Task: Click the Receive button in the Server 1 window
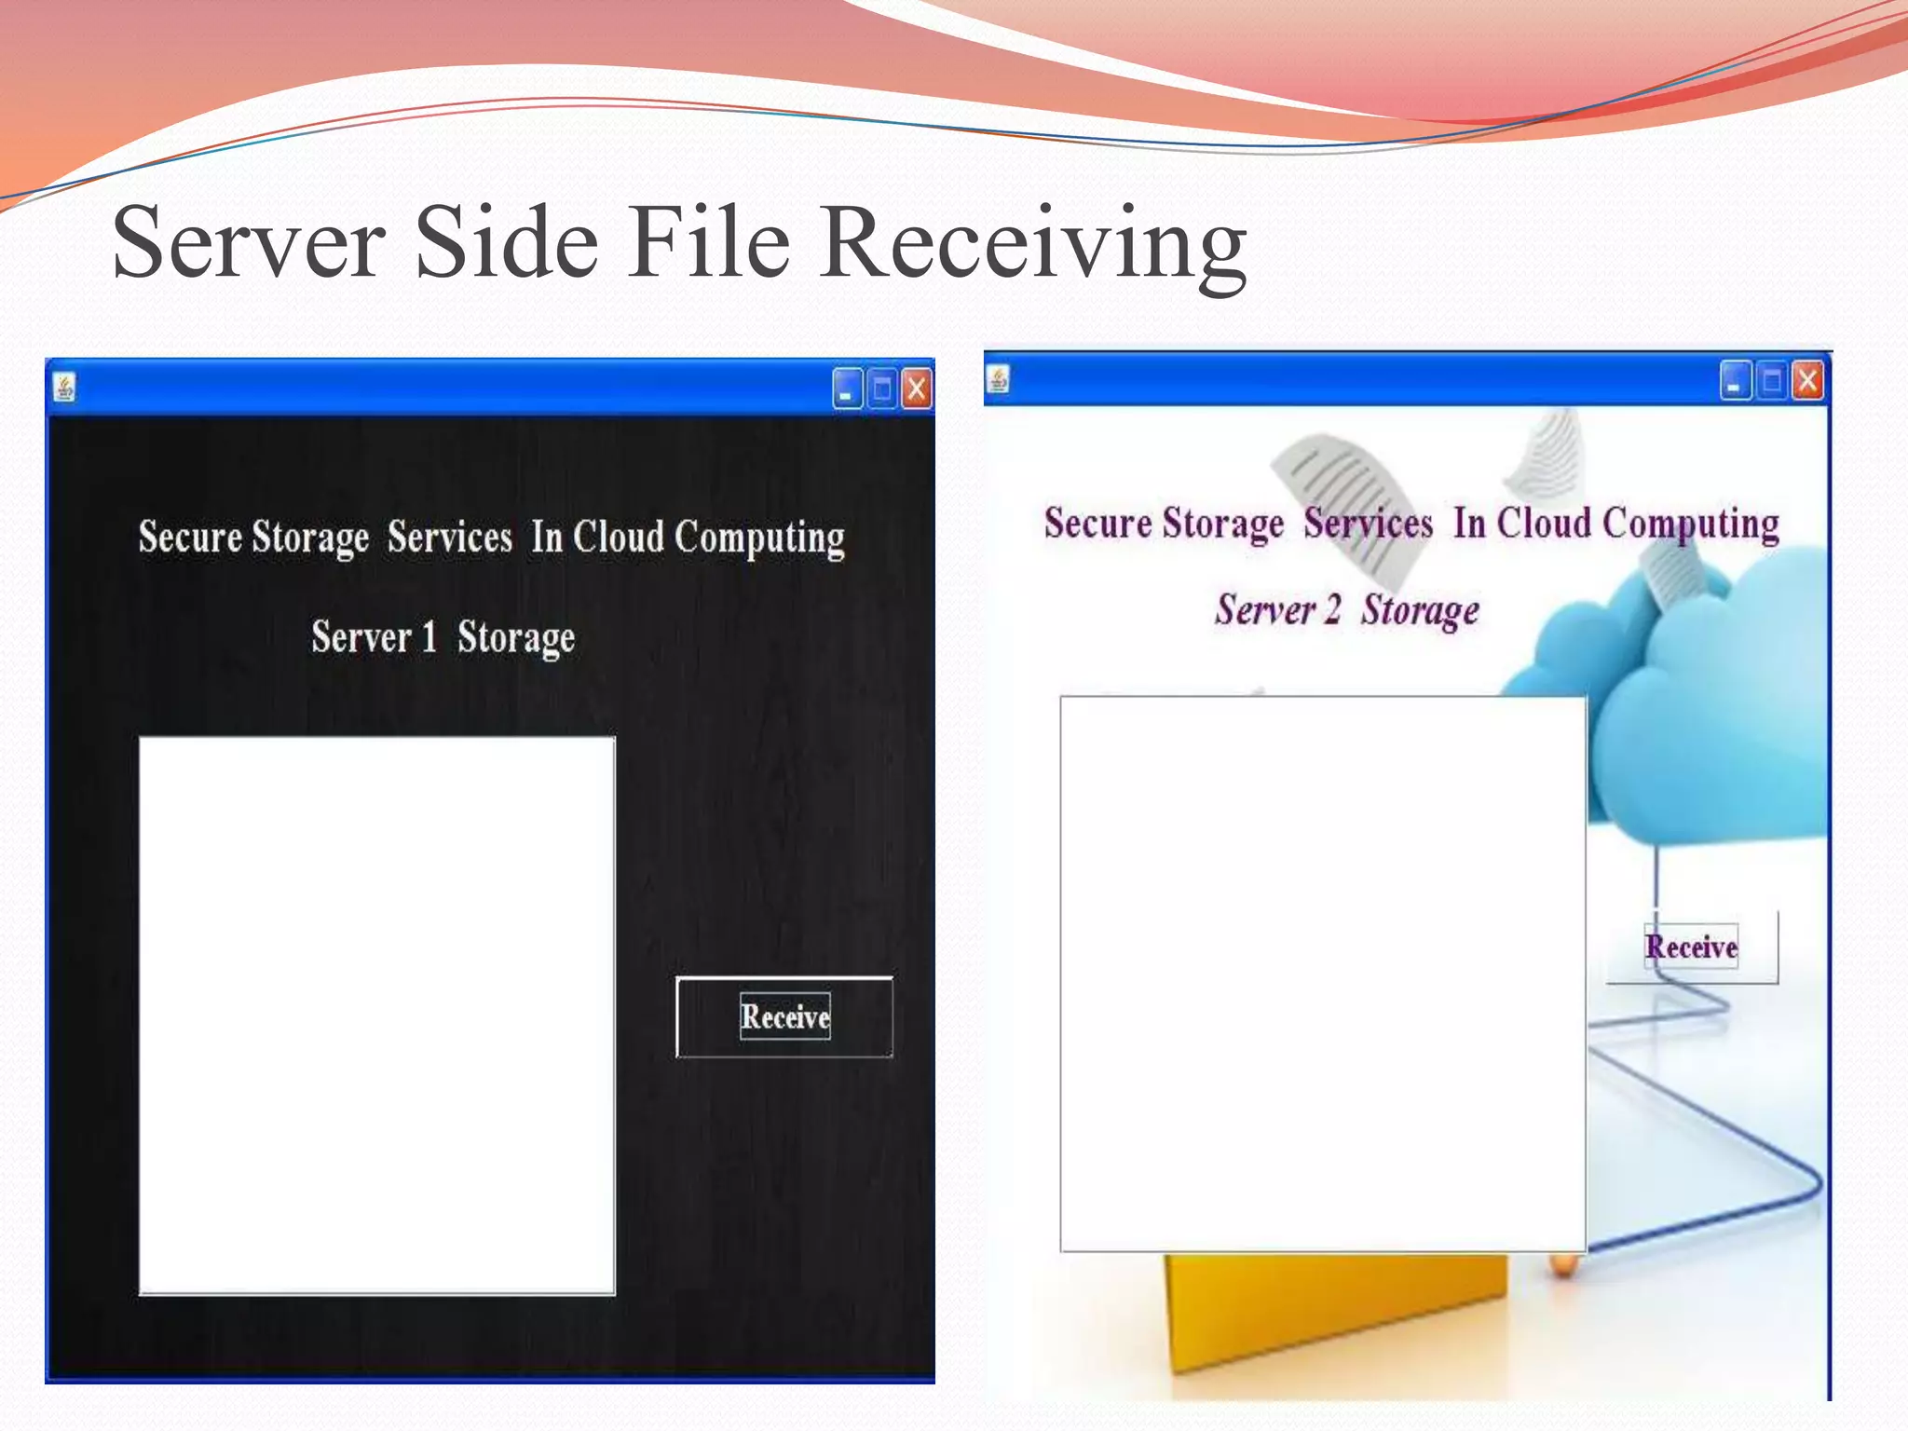coord(784,1016)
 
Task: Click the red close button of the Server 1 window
coord(917,388)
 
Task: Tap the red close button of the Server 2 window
coord(1807,380)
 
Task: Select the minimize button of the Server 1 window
coord(847,388)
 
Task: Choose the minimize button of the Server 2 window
coord(1736,380)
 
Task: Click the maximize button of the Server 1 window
coord(882,388)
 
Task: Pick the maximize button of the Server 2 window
coord(1772,380)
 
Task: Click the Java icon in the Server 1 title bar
coord(64,387)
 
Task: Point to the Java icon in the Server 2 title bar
coord(999,379)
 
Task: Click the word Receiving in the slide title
coord(1033,243)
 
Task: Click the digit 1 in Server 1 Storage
coord(429,637)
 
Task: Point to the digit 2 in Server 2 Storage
coord(1333,609)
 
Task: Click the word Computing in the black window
coord(759,538)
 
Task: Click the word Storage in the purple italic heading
coord(1420,611)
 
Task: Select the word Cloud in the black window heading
coord(618,537)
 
